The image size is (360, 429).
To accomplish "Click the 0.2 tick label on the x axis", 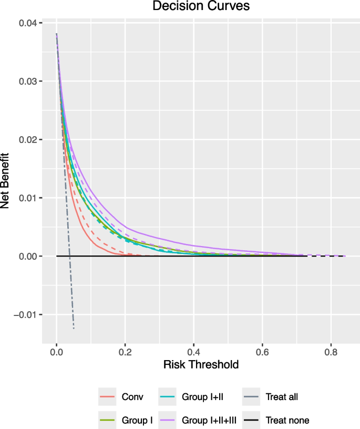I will click(125, 351).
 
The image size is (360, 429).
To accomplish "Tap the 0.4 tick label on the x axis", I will click(193, 351).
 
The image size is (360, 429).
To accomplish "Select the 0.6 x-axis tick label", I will click(262, 351).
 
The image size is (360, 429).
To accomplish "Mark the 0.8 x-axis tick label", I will click(331, 351).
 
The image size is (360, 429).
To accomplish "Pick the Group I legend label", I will click(133, 420).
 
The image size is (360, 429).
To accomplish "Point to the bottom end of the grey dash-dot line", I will click(74, 329).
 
